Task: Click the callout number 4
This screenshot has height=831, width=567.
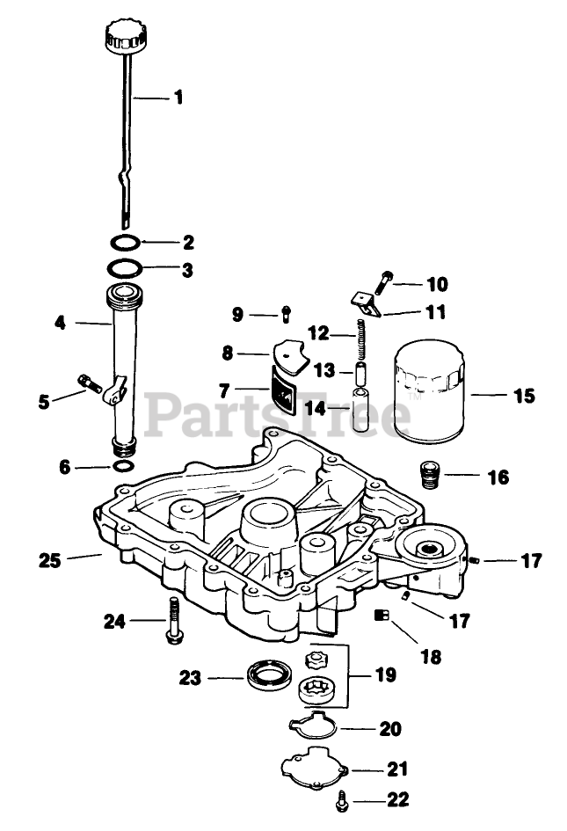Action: (60, 323)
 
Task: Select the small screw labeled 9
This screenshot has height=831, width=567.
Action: (286, 314)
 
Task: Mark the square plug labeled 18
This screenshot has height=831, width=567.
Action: (381, 616)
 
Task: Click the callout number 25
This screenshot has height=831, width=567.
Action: (49, 558)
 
